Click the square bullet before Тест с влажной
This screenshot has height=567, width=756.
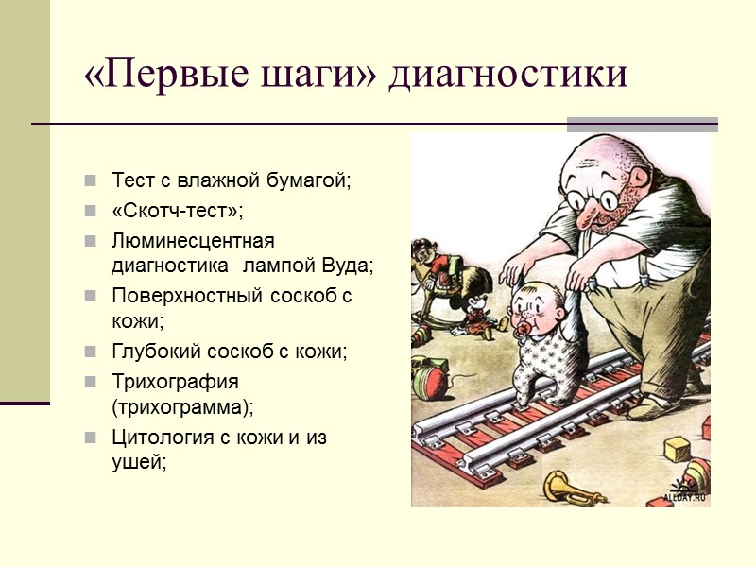click(x=90, y=180)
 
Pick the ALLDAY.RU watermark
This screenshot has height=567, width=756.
click(x=685, y=495)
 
